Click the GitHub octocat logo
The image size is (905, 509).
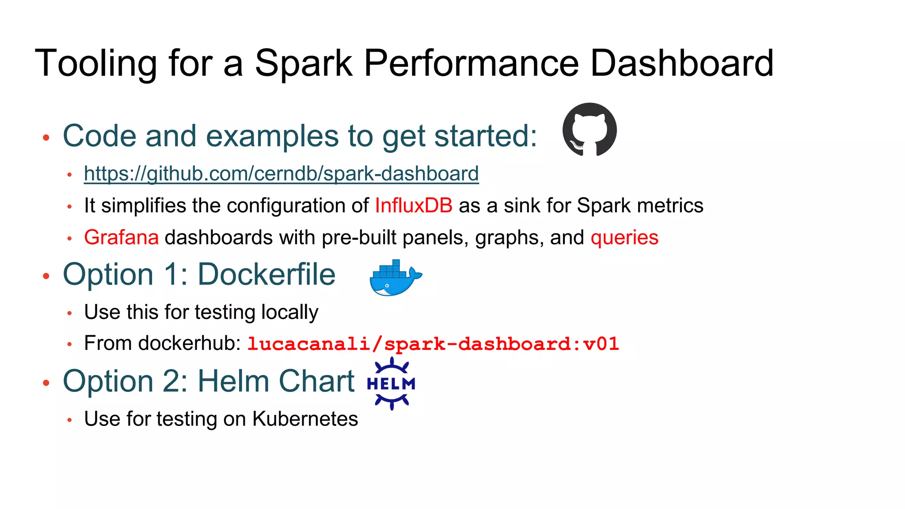point(589,129)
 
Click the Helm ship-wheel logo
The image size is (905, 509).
point(392,384)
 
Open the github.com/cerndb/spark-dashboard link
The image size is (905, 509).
point(281,174)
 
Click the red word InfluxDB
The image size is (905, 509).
point(414,206)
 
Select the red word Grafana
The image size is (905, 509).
point(121,238)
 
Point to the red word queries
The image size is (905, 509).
point(624,238)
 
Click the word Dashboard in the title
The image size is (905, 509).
point(681,64)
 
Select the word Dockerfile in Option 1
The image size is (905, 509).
point(266,275)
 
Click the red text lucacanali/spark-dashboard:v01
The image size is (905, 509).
point(433,344)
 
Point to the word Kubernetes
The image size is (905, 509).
point(305,419)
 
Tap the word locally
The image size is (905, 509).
point(289,312)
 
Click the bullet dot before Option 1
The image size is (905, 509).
point(46,277)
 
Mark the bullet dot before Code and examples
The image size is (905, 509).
point(46,138)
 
